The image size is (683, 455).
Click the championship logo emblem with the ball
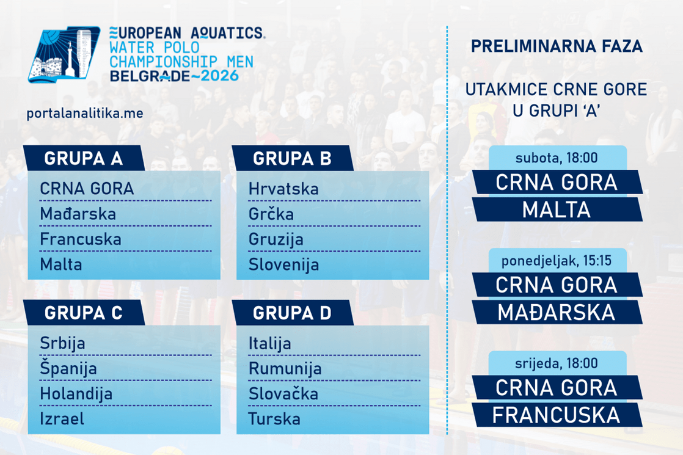(x=64, y=54)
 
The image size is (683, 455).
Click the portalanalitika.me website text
(x=85, y=114)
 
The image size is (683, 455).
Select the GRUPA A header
(x=84, y=158)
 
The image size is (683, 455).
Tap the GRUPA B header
(x=292, y=158)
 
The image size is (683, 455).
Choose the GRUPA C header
(x=84, y=313)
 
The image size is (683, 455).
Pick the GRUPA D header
(x=292, y=313)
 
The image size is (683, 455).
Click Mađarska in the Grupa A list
(x=78, y=214)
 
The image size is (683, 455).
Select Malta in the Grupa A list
(x=61, y=264)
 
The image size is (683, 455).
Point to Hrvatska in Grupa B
(x=283, y=189)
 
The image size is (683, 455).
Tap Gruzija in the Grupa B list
(x=276, y=239)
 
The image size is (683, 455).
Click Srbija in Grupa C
(x=62, y=343)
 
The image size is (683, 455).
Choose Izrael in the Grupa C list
(x=62, y=419)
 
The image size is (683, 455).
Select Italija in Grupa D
(x=269, y=343)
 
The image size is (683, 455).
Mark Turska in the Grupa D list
(x=274, y=419)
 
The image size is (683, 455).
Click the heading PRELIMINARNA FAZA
(x=557, y=46)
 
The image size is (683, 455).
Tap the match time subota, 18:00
(x=557, y=158)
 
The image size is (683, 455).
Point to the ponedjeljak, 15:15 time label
(x=557, y=260)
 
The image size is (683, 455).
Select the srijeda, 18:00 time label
(x=557, y=363)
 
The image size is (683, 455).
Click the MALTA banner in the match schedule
(x=557, y=209)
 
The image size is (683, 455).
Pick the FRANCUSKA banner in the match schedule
(x=557, y=415)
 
